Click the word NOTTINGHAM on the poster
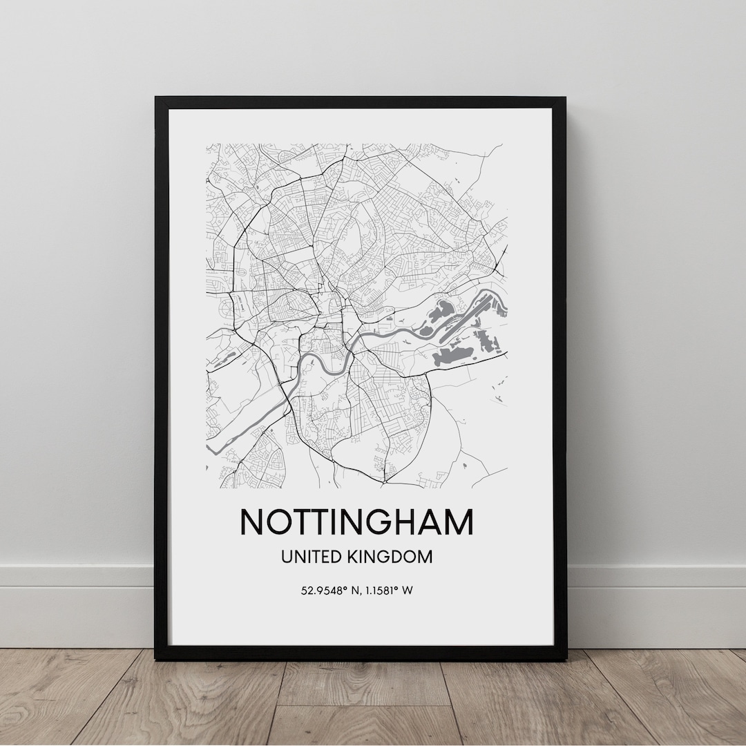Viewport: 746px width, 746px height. pos(356,522)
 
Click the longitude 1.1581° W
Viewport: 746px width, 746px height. pos(387,591)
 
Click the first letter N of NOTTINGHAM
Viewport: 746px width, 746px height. pos(253,522)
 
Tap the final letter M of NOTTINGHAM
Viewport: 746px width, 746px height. pos(458,522)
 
